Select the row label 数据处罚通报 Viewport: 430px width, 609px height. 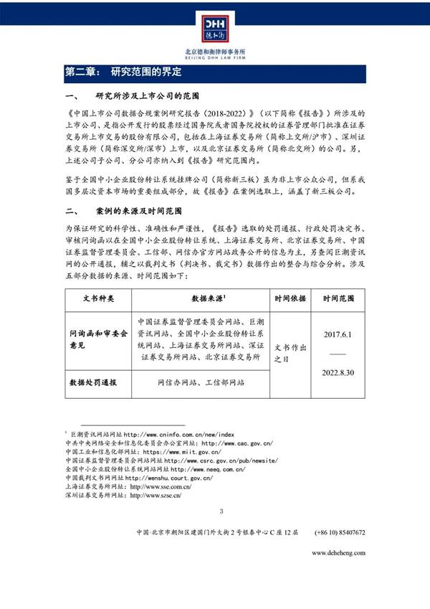[92, 383]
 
